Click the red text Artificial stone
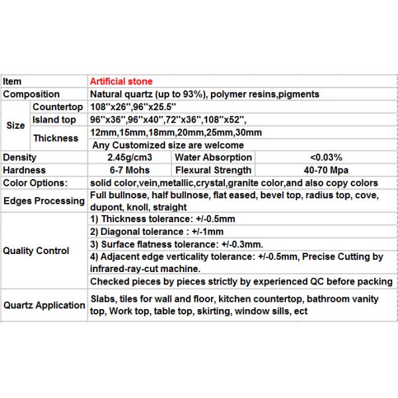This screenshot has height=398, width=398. pyautogui.click(x=121, y=82)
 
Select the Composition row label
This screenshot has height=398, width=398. pyautogui.click(x=31, y=94)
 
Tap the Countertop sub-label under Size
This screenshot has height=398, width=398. pyautogui.click(x=57, y=107)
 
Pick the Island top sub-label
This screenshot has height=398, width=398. pyautogui.click(x=54, y=119)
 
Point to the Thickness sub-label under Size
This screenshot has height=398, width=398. pyautogui.click(x=54, y=137)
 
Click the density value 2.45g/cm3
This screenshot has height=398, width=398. pyautogui.click(x=130, y=157)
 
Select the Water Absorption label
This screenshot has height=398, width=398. pyautogui.click(x=213, y=157)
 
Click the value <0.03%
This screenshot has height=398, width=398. pyautogui.click(x=326, y=157)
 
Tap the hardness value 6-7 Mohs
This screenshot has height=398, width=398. pyautogui.click(x=130, y=170)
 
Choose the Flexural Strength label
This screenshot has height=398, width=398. pyautogui.click(x=213, y=170)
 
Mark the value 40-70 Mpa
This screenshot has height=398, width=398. pyautogui.click(x=326, y=170)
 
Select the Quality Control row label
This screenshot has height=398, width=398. pyautogui.click(x=36, y=251)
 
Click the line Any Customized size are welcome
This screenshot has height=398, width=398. pyautogui.click(x=168, y=145)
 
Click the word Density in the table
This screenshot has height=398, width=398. pyautogui.click(x=20, y=157)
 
